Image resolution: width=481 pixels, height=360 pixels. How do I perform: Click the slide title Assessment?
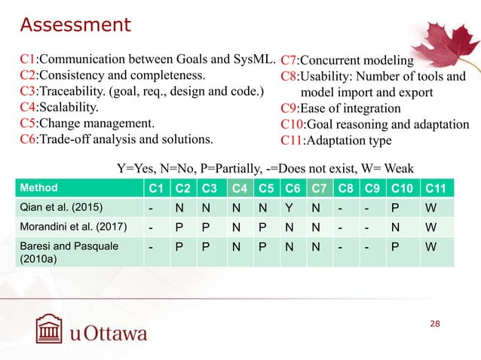tap(75, 25)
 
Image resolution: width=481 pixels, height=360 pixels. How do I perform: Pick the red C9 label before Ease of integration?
tap(291, 108)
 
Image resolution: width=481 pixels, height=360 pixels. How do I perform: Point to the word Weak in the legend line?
tap(397, 166)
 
